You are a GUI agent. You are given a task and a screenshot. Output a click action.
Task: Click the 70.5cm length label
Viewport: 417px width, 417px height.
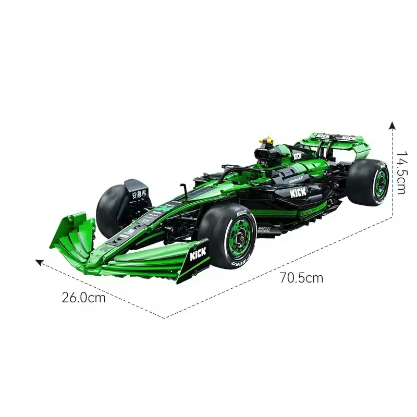point(301,277)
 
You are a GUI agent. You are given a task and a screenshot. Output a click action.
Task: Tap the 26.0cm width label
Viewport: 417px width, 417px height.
point(83,298)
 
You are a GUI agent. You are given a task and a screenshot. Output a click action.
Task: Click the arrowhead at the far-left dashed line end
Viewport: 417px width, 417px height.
point(38,262)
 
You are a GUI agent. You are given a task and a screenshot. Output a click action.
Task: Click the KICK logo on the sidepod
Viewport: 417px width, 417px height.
point(298,192)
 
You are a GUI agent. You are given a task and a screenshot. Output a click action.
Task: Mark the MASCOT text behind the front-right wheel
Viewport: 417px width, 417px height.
point(265,228)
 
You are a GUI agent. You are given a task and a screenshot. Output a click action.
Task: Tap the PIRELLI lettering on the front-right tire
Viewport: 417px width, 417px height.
point(242,215)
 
